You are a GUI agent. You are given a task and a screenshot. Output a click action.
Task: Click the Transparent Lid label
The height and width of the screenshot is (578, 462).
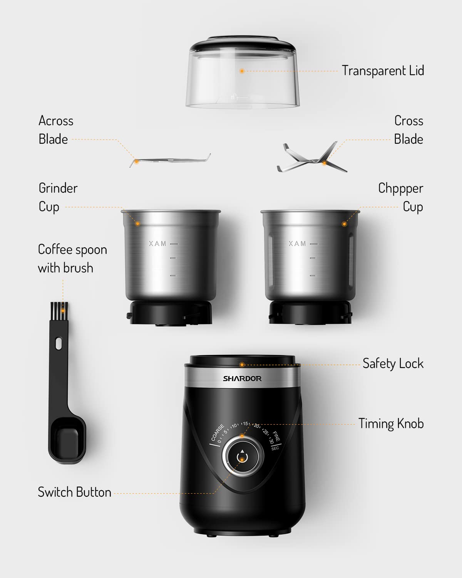(x=383, y=71)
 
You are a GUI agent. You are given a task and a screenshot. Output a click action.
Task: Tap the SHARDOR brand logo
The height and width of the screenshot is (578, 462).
(x=242, y=378)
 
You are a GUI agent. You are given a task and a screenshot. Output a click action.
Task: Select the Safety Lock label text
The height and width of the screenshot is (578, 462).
(x=393, y=363)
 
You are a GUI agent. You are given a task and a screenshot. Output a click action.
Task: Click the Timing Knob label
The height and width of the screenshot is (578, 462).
(x=391, y=423)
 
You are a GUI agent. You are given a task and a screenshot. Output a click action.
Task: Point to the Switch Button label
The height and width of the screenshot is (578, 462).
(x=74, y=492)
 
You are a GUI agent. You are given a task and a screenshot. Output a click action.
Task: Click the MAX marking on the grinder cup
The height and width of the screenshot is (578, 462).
(x=158, y=244)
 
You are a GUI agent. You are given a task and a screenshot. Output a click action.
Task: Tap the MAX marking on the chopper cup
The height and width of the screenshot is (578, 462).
(x=298, y=244)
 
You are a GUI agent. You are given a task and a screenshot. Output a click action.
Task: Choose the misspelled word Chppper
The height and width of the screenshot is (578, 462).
(x=400, y=188)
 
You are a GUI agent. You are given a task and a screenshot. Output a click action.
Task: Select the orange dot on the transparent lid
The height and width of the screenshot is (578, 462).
(x=242, y=71)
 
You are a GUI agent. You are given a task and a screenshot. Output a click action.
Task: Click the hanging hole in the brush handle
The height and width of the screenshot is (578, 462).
(x=59, y=343)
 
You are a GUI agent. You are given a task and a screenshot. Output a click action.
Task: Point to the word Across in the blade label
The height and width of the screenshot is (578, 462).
(x=56, y=121)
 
